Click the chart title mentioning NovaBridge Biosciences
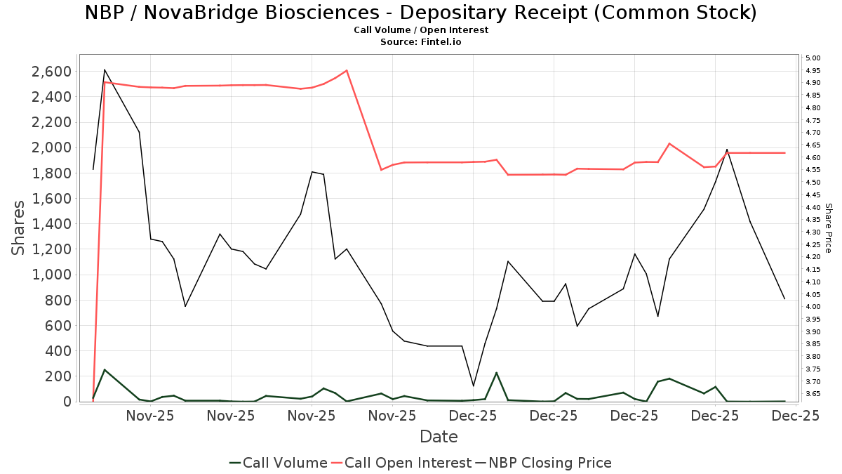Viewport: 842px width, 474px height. click(x=421, y=13)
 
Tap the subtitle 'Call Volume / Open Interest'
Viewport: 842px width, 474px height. click(x=421, y=30)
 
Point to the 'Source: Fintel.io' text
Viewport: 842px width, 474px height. click(x=421, y=42)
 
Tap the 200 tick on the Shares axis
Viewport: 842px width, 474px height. click(x=58, y=376)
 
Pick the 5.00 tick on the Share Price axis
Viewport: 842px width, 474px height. click(x=813, y=58)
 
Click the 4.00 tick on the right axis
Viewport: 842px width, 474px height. click(x=813, y=307)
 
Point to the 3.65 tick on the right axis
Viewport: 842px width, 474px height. click(x=813, y=394)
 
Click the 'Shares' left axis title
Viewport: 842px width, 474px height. click(x=19, y=228)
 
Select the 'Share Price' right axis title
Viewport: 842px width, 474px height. click(x=828, y=228)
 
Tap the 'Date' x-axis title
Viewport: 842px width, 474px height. click(x=439, y=437)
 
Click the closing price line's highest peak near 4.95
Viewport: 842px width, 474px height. click(x=105, y=70)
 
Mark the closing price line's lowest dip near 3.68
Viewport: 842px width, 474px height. click(x=473, y=386)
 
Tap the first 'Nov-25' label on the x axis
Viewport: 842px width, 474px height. click(x=150, y=416)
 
